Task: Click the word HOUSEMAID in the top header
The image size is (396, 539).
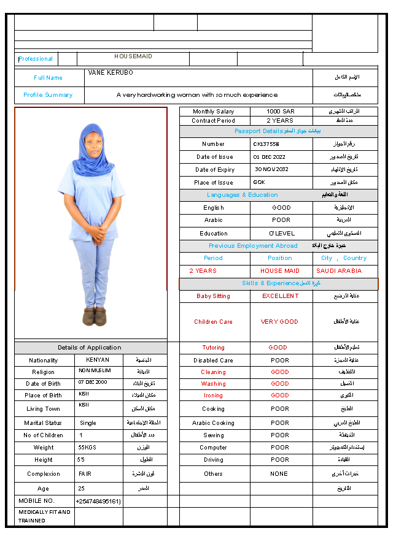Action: (133, 56)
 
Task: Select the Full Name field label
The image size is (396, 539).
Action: (48, 78)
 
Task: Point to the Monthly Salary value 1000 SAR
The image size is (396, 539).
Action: (281, 112)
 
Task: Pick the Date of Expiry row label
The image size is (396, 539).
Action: (215, 170)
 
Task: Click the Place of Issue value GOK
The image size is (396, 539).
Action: (259, 182)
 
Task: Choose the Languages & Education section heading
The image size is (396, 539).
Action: (243, 195)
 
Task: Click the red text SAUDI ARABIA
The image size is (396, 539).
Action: (339, 271)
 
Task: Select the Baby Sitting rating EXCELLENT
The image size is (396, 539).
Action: (280, 296)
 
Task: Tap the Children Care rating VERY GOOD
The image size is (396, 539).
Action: (279, 322)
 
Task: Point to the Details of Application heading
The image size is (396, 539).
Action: (90, 348)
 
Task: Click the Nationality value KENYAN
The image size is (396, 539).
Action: (98, 360)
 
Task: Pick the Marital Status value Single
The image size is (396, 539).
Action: (88, 423)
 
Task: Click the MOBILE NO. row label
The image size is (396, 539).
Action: (37, 501)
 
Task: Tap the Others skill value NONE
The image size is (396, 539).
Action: (279, 474)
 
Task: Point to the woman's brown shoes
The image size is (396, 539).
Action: (95, 316)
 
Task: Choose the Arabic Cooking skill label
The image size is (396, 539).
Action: (214, 423)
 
